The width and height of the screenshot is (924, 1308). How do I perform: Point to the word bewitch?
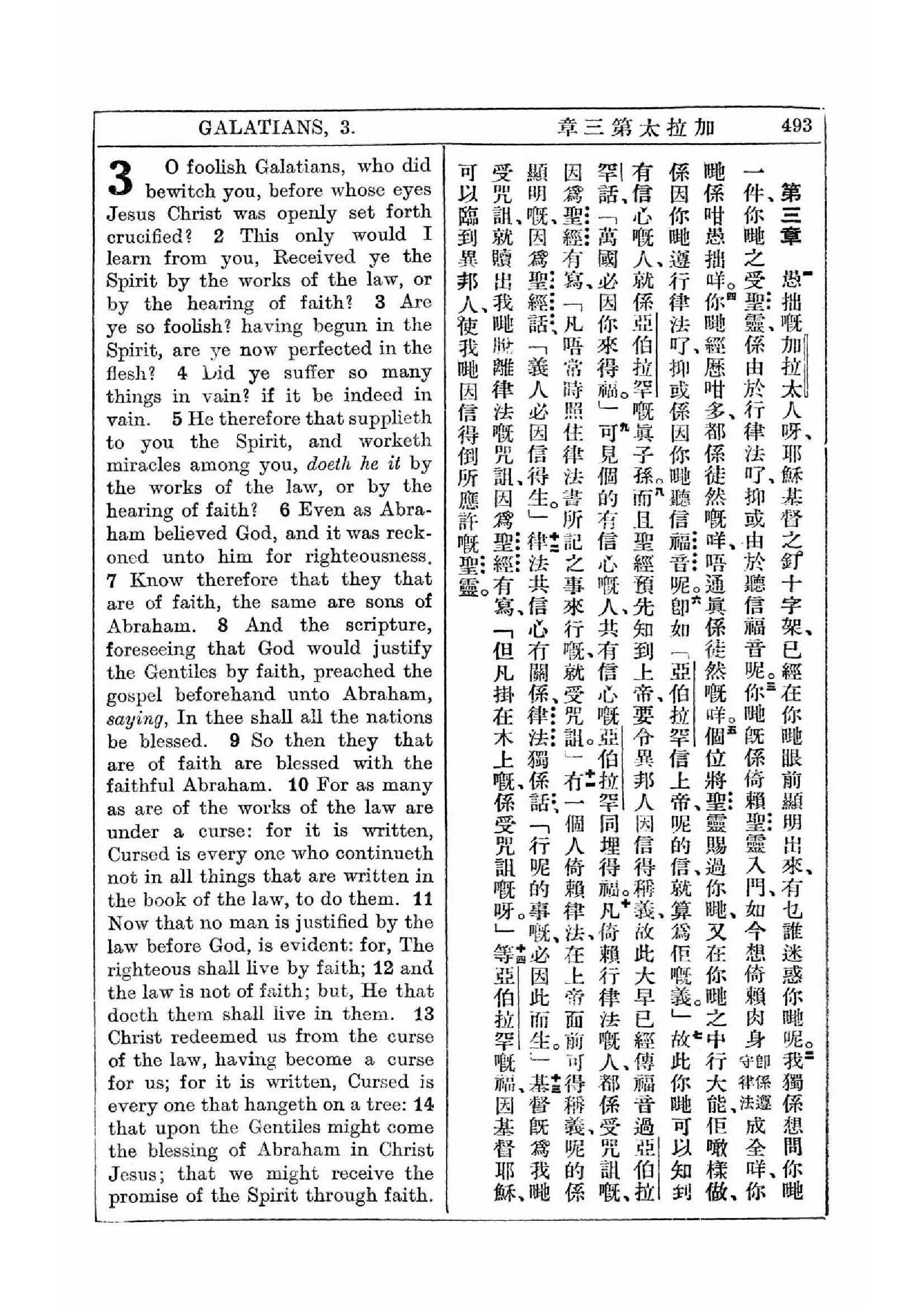click(179, 190)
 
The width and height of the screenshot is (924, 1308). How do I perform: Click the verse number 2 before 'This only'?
click(219, 236)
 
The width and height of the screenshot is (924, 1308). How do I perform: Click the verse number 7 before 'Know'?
click(112, 580)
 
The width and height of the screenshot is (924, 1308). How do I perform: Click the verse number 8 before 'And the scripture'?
click(222, 626)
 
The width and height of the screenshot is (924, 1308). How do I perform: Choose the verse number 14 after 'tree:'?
click(424, 1105)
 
